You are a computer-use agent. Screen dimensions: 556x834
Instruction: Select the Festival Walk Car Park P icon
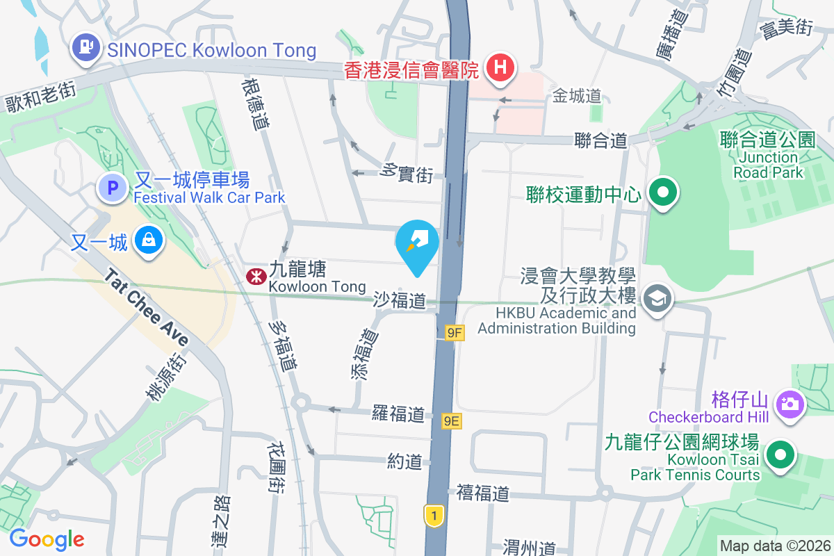[112, 186]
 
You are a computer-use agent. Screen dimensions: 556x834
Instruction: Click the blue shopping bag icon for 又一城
[149, 241]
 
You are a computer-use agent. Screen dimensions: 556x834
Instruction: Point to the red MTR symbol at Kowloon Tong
[256, 277]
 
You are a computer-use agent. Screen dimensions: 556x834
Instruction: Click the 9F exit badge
[455, 334]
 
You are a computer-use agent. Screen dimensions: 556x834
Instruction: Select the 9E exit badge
[452, 420]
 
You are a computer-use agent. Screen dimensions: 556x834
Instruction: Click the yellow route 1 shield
[434, 516]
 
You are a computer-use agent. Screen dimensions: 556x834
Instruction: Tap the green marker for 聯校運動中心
[663, 193]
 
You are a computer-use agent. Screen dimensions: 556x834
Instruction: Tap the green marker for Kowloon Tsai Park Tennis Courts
[780, 457]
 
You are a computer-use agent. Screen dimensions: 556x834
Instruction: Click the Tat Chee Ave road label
[147, 308]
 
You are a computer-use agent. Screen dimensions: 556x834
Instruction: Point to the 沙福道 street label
[399, 300]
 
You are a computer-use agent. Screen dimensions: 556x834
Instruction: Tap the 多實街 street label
[408, 174]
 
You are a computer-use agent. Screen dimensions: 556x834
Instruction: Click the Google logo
[47, 539]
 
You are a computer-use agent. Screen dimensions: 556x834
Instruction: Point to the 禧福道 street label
[483, 493]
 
